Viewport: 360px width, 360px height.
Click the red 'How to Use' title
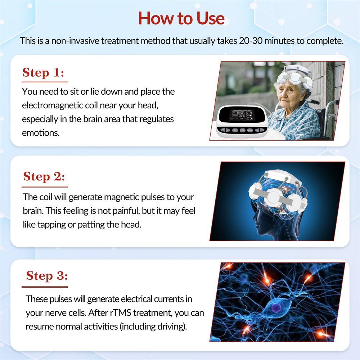[x=181, y=18]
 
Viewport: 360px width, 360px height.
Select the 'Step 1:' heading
[x=43, y=73]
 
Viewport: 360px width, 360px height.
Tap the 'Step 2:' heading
[x=44, y=177]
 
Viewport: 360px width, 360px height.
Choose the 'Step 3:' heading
[x=47, y=276]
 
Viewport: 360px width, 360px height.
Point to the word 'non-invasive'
[x=75, y=40]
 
